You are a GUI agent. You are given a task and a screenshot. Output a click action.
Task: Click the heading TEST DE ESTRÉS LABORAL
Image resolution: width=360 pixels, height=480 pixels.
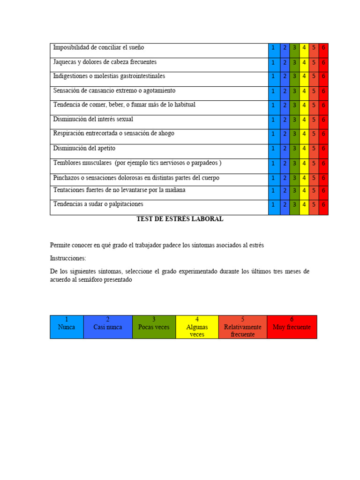coord(180,219)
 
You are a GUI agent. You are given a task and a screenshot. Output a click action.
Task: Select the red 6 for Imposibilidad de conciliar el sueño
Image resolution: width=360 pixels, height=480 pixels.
coord(323,48)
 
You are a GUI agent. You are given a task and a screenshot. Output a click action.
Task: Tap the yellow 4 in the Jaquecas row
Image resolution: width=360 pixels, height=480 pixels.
coord(304,62)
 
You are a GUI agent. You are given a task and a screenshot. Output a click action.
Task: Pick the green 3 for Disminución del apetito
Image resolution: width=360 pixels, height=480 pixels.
coord(294,149)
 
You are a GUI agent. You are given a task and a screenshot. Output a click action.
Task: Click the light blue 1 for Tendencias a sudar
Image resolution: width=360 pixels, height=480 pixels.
coord(274,205)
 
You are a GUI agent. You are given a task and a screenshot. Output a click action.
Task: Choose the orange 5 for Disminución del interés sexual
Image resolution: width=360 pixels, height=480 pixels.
coord(314,120)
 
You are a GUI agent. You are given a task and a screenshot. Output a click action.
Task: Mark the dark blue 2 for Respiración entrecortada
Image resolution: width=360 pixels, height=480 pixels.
coord(285,134)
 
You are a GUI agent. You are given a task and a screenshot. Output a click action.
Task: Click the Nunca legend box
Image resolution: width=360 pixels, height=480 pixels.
coord(67,327)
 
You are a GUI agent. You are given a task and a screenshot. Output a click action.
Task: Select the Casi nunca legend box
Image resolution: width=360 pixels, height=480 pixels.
coord(108,327)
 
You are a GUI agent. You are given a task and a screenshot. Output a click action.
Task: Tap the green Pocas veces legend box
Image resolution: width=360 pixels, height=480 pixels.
coord(154,327)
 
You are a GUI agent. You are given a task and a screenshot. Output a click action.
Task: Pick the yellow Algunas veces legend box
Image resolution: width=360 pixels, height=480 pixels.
coord(197,327)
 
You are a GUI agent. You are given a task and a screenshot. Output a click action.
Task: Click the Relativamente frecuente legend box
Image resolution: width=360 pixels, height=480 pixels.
coord(242,327)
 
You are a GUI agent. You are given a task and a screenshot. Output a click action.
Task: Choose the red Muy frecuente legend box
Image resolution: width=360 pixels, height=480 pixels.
coord(292,327)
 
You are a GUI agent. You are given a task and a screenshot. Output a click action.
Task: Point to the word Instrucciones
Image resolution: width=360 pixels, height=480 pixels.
coord(68,258)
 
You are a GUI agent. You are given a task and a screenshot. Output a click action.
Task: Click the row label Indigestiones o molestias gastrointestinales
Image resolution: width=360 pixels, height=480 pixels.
coord(109,76)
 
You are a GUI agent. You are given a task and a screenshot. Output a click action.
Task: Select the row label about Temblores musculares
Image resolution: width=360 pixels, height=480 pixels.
coord(137,163)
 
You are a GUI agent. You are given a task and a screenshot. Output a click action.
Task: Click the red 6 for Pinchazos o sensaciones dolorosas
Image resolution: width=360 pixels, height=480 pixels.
coord(323,178)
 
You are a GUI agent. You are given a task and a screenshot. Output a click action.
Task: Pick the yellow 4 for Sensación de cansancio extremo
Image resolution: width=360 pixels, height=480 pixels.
coord(304,91)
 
